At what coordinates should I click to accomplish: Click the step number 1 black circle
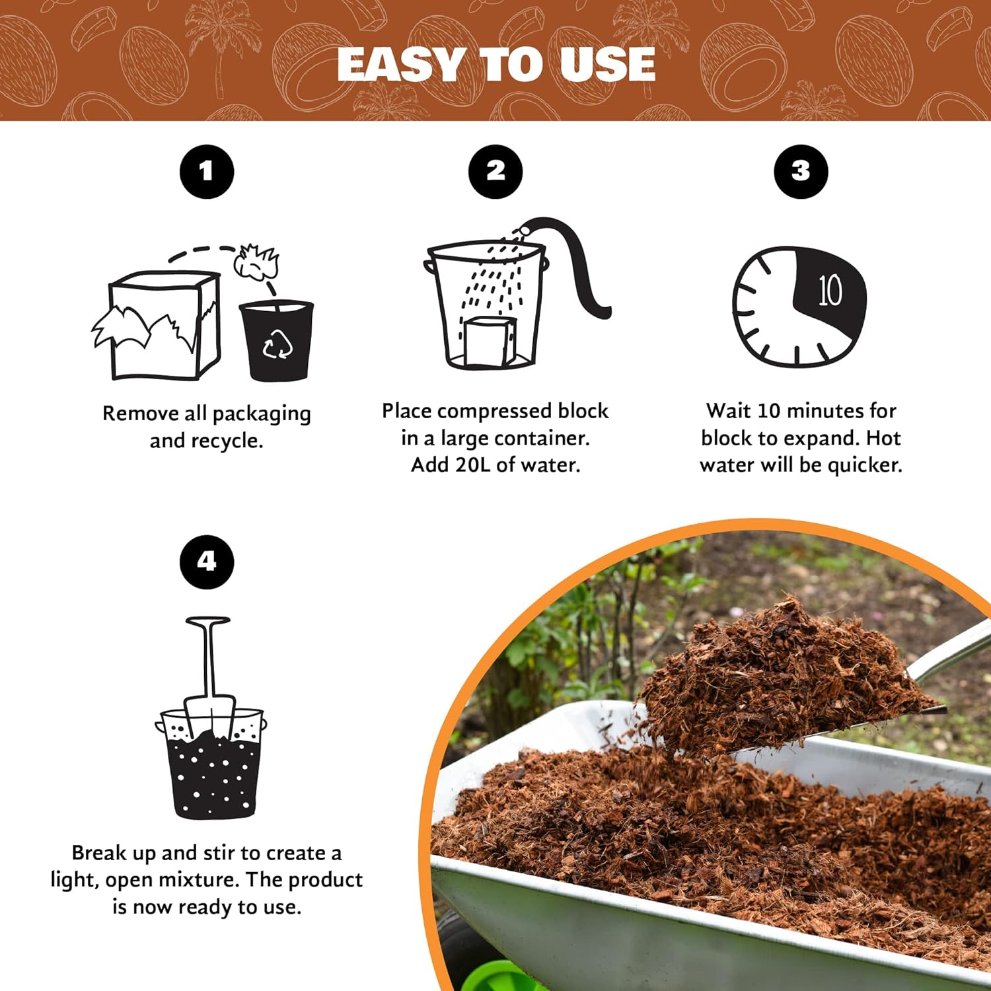(x=207, y=172)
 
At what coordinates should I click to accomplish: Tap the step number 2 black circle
(x=495, y=172)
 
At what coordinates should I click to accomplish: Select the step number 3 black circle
(x=801, y=172)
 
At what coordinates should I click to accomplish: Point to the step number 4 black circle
(x=207, y=562)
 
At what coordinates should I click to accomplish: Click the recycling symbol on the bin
(x=277, y=344)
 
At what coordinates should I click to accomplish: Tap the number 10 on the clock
(x=830, y=291)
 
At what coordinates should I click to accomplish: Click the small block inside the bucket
(x=490, y=342)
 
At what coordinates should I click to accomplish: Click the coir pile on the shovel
(x=780, y=667)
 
